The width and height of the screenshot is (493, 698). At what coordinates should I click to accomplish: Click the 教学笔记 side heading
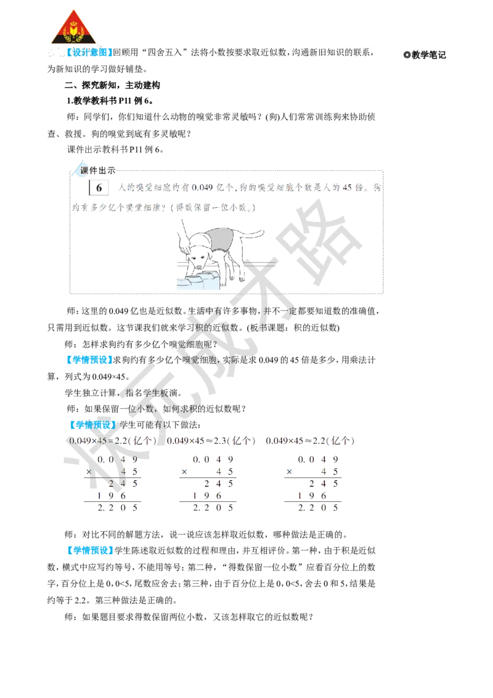(425, 55)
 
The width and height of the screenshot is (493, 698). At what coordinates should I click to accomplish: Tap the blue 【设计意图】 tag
(89, 52)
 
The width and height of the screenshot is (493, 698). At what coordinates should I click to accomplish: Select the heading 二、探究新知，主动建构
(113, 85)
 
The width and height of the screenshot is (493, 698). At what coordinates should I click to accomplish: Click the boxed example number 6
(99, 188)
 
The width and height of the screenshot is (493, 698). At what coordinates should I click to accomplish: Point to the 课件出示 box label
(97, 170)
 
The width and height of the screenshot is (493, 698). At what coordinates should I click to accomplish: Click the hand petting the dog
(183, 240)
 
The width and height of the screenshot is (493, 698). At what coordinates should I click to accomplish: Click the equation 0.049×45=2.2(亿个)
(113, 441)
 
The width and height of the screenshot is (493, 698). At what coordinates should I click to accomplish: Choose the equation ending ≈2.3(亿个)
(211, 441)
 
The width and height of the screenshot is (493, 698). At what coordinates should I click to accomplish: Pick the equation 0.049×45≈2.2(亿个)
(310, 441)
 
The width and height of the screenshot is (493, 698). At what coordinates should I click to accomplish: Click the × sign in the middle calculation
(184, 472)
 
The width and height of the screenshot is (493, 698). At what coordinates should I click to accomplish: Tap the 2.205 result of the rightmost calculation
(317, 507)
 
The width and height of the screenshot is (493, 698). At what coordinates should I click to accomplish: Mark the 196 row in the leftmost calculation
(112, 496)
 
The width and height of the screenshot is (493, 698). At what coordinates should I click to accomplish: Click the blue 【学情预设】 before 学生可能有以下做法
(92, 425)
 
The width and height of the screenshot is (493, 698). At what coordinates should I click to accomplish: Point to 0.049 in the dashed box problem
(202, 187)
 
